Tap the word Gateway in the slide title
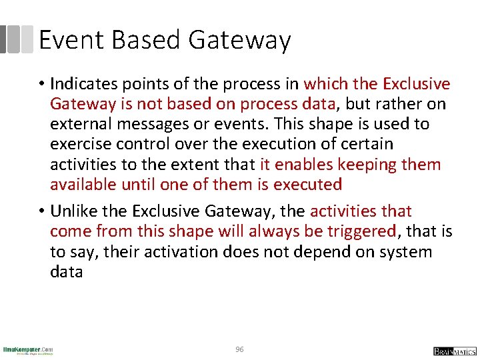point(239,41)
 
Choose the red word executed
point(307,185)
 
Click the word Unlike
point(71,212)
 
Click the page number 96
point(240,349)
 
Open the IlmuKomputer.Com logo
point(28,350)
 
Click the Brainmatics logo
point(454,351)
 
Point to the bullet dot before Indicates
point(41,85)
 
